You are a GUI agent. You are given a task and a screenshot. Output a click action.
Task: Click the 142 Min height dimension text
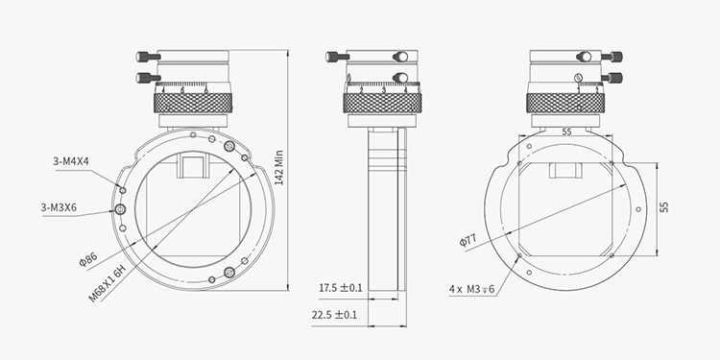279,165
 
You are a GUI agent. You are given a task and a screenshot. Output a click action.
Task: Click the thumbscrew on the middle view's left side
337,55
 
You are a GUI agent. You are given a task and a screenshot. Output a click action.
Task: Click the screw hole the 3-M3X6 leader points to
121,208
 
